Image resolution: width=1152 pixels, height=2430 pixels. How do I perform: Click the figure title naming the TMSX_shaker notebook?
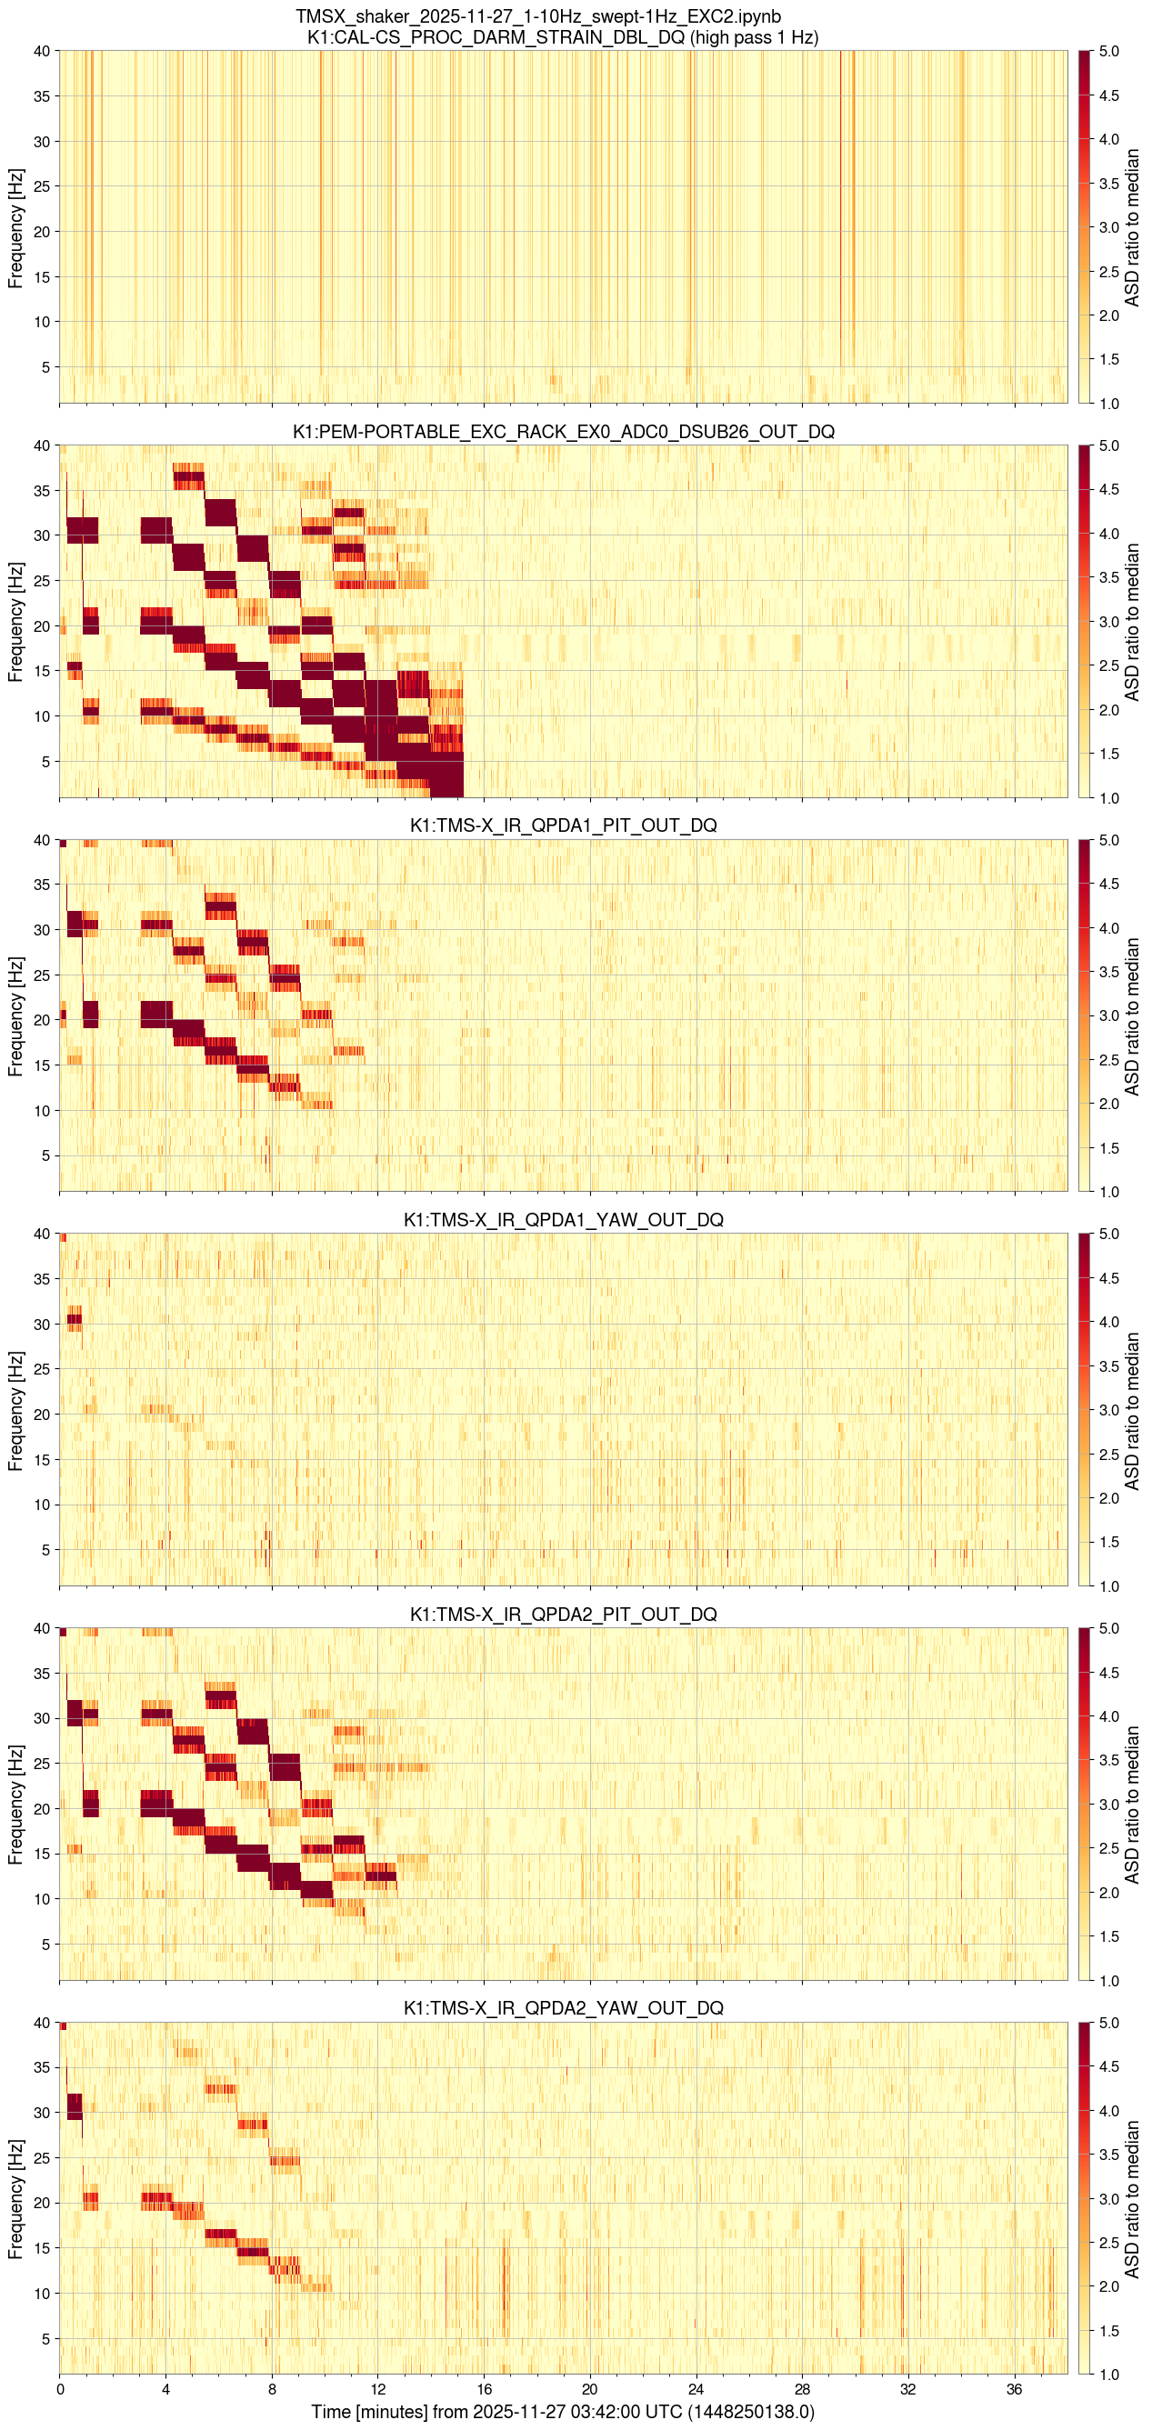point(537,16)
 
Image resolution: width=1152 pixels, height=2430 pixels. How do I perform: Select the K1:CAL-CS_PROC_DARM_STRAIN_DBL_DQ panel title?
point(562,38)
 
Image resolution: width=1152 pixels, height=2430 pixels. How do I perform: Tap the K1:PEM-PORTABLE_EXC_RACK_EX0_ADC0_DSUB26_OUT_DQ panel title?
point(563,432)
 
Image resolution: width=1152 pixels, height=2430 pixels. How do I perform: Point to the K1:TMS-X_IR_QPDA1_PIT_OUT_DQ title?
point(563,825)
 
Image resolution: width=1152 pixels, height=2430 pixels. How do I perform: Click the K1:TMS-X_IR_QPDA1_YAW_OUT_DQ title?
point(563,1220)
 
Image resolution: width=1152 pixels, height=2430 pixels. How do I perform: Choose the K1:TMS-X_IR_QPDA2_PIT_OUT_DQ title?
point(563,1614)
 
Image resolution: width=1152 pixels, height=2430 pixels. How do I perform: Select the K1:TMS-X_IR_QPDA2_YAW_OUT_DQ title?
point(563,2008)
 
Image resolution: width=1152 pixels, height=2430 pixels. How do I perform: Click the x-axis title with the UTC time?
point(563,2412)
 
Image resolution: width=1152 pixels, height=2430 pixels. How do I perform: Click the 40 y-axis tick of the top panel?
point(42,51)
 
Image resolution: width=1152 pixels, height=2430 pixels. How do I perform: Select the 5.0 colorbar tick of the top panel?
point(1109,51)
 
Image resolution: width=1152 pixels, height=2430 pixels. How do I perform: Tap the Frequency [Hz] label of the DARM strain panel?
point(15,227)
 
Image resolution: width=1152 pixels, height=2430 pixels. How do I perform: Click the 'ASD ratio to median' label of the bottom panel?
point(1132,2199)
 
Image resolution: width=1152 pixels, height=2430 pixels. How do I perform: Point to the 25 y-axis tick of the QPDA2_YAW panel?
point(42,2158)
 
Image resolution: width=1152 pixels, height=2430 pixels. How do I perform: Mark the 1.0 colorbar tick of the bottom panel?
point(1109,2375)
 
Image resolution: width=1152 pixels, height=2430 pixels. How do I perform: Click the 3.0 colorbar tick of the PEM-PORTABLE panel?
point(1109,622)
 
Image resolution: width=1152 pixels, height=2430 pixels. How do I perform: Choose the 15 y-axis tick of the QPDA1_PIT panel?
point(42,1065)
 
